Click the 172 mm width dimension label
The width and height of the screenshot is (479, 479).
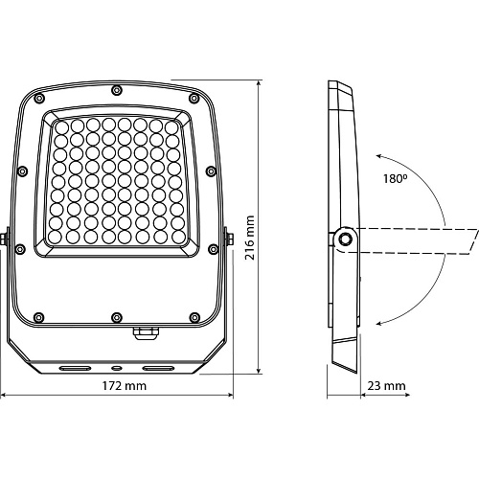(125, 386)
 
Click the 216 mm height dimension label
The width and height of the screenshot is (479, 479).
(250, 238)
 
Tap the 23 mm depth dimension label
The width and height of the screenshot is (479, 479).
(386, 386)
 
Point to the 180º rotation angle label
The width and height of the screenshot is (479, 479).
(396, 178)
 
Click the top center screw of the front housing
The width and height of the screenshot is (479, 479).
(117, 90)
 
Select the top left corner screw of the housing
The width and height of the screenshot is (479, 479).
(38, 98)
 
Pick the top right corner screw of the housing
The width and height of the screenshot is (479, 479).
(194, 98)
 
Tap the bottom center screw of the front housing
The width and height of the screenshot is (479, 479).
(117, 318)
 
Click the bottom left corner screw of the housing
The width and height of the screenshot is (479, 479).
(38, 317)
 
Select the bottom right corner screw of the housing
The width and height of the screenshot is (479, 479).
(194, 317)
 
